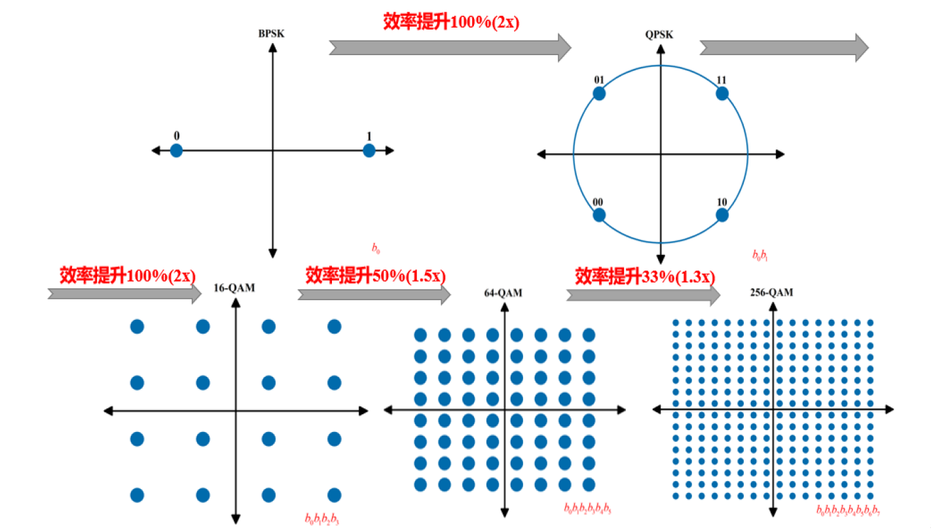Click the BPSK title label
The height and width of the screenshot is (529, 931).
point(271,33)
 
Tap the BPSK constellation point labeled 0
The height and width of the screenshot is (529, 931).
point(176,151)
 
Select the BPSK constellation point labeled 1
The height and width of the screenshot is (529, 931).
point(369,151)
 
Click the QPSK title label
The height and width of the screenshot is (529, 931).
point(659,35)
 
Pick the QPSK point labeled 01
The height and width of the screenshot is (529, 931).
point(599,93)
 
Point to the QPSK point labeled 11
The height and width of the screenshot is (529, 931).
point(722,93)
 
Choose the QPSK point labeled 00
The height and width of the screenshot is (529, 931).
point(599,215)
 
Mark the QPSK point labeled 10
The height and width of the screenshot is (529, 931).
point(722,215)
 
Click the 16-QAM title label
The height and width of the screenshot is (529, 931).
point(234,288)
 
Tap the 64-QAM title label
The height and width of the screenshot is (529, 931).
point(503,293)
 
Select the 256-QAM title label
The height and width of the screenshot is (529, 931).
point(771,292)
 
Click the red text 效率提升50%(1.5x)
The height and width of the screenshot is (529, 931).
point(375,275)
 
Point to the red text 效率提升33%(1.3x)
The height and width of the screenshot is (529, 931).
point(645,276)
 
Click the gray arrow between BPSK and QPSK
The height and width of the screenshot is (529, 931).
point(450,48)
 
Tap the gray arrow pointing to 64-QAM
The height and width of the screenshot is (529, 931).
point(374,295)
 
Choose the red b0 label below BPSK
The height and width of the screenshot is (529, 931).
point(376,248)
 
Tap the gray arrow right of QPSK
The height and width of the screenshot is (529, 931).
point(784,48)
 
